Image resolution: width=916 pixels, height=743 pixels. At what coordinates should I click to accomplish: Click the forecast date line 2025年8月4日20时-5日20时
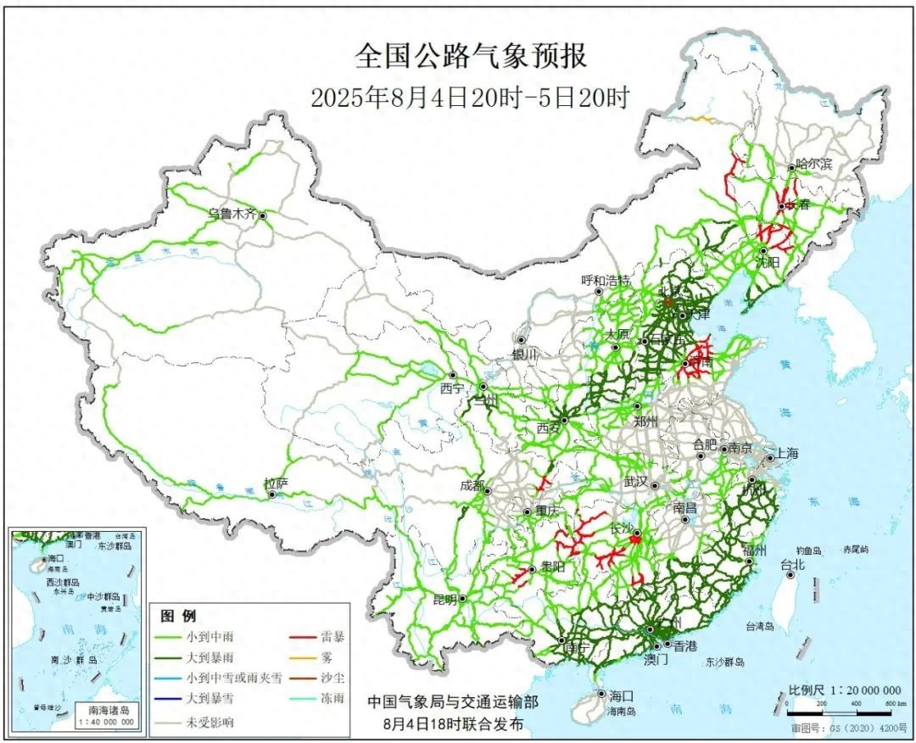[470, 97]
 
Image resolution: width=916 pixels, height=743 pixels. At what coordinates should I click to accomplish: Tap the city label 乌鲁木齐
[232, 215]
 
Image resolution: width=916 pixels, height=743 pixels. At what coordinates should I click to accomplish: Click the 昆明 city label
[444, 599]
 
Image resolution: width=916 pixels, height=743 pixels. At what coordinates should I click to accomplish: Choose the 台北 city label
[792, 564]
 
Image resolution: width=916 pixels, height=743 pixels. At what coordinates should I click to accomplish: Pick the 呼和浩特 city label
[606, 280]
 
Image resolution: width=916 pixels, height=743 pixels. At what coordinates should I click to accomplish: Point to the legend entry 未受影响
[207, 722]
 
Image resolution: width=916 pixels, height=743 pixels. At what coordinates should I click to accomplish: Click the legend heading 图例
[178, 615]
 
